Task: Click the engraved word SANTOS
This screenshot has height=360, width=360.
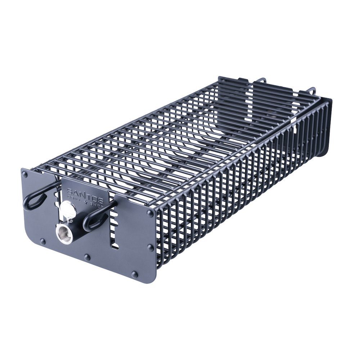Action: pyautogui.click(x=85, y=193)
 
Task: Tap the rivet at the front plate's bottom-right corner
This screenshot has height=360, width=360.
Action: pyautogui.click(x=135, y=274)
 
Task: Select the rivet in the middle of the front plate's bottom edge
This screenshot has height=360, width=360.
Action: pyautogui.click(x=87, y=257)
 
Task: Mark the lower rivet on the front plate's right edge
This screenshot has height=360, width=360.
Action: pyautogui.click(x=150, y=248)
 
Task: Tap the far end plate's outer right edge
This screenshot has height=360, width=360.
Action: pyautogui.click(x=329, y=126)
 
